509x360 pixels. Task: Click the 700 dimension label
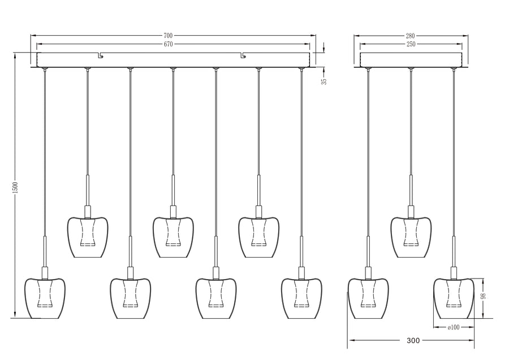pos(168,36)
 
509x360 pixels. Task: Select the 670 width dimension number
pos(168,44)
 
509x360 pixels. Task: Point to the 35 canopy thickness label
pos(323,82)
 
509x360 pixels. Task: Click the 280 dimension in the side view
pos(411,36)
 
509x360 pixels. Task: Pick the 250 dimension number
pos(411,44)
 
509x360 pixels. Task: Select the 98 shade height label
pos(483,296)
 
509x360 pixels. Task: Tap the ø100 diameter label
pos(454,327)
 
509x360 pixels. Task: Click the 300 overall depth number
pos(413,341)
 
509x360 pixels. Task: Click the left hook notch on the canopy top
pos(101,55)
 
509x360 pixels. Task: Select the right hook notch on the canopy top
pos(243,55)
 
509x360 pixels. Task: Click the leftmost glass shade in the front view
pos(45,298)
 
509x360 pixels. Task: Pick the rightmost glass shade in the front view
pos(301,298)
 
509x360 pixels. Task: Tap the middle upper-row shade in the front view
pos(173,237)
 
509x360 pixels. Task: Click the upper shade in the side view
pos(411,237)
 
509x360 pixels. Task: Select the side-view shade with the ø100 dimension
pos(454,298)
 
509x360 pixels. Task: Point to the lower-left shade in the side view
pos(368,298)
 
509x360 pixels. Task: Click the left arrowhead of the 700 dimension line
pos(33,36)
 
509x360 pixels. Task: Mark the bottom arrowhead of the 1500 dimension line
pos(15,315)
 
